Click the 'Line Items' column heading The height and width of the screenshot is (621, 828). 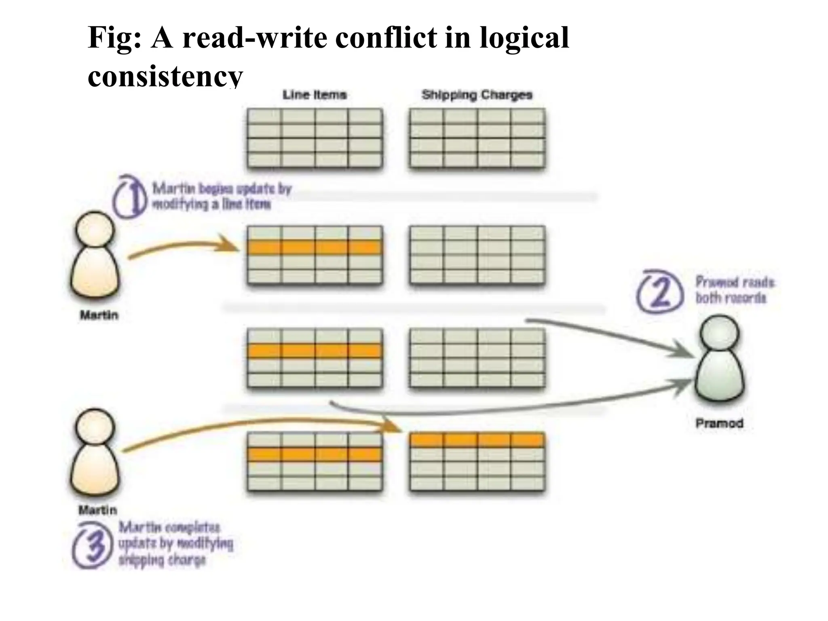point(315,95)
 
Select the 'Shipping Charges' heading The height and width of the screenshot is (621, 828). point(477,95)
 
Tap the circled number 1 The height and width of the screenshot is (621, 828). point(129,196)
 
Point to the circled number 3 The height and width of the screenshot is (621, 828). point(92,546)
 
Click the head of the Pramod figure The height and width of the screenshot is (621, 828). point(719,334)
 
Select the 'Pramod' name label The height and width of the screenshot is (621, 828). point(719,423)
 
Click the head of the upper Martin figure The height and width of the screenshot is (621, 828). point(95,229)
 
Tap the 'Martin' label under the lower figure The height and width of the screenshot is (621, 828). point(98,510)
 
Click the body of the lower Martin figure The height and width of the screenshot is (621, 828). point(96,473)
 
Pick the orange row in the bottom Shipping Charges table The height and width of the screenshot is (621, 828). point(477,440)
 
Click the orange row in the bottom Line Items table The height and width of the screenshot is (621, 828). point(315,454)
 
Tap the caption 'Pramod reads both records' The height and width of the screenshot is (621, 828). point(734,290)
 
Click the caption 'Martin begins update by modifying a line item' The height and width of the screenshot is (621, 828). point(221,196)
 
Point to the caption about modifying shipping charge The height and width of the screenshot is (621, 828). point(176,544)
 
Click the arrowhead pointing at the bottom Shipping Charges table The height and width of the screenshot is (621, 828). point(394,427)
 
